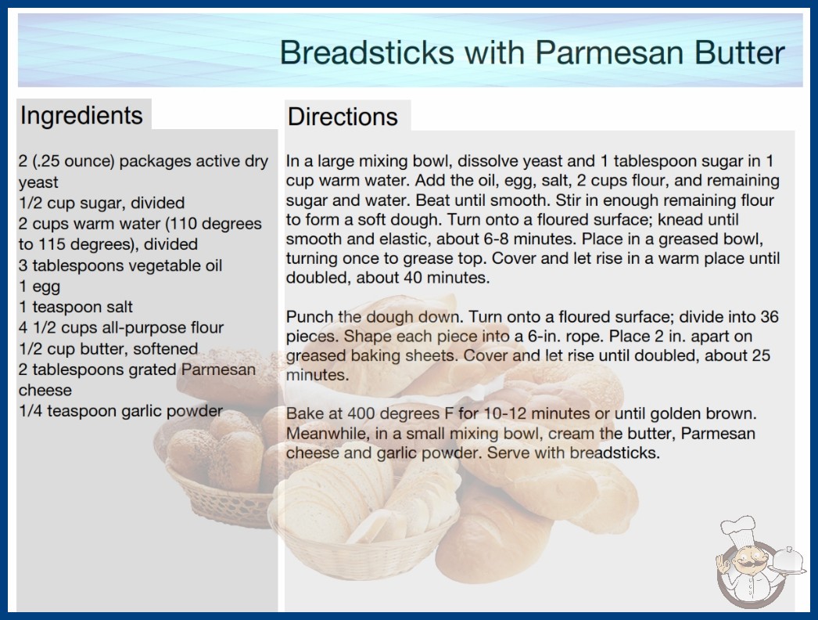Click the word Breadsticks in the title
click(367, 52)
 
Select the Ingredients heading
click(81, 116)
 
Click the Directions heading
click(343, 117)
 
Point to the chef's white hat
click(738, 528)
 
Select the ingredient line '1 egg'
click(40, 287)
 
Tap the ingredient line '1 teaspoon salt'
click(76, 307)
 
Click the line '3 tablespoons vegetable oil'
click(120, 265)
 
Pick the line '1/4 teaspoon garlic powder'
click(120, 411)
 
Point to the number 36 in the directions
click(769, 316)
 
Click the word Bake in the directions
click(305, 413)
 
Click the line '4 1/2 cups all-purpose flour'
click(121, 327)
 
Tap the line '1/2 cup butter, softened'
click(109, 348)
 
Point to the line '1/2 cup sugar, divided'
click(102, 203)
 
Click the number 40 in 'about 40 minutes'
click(413, 277)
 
